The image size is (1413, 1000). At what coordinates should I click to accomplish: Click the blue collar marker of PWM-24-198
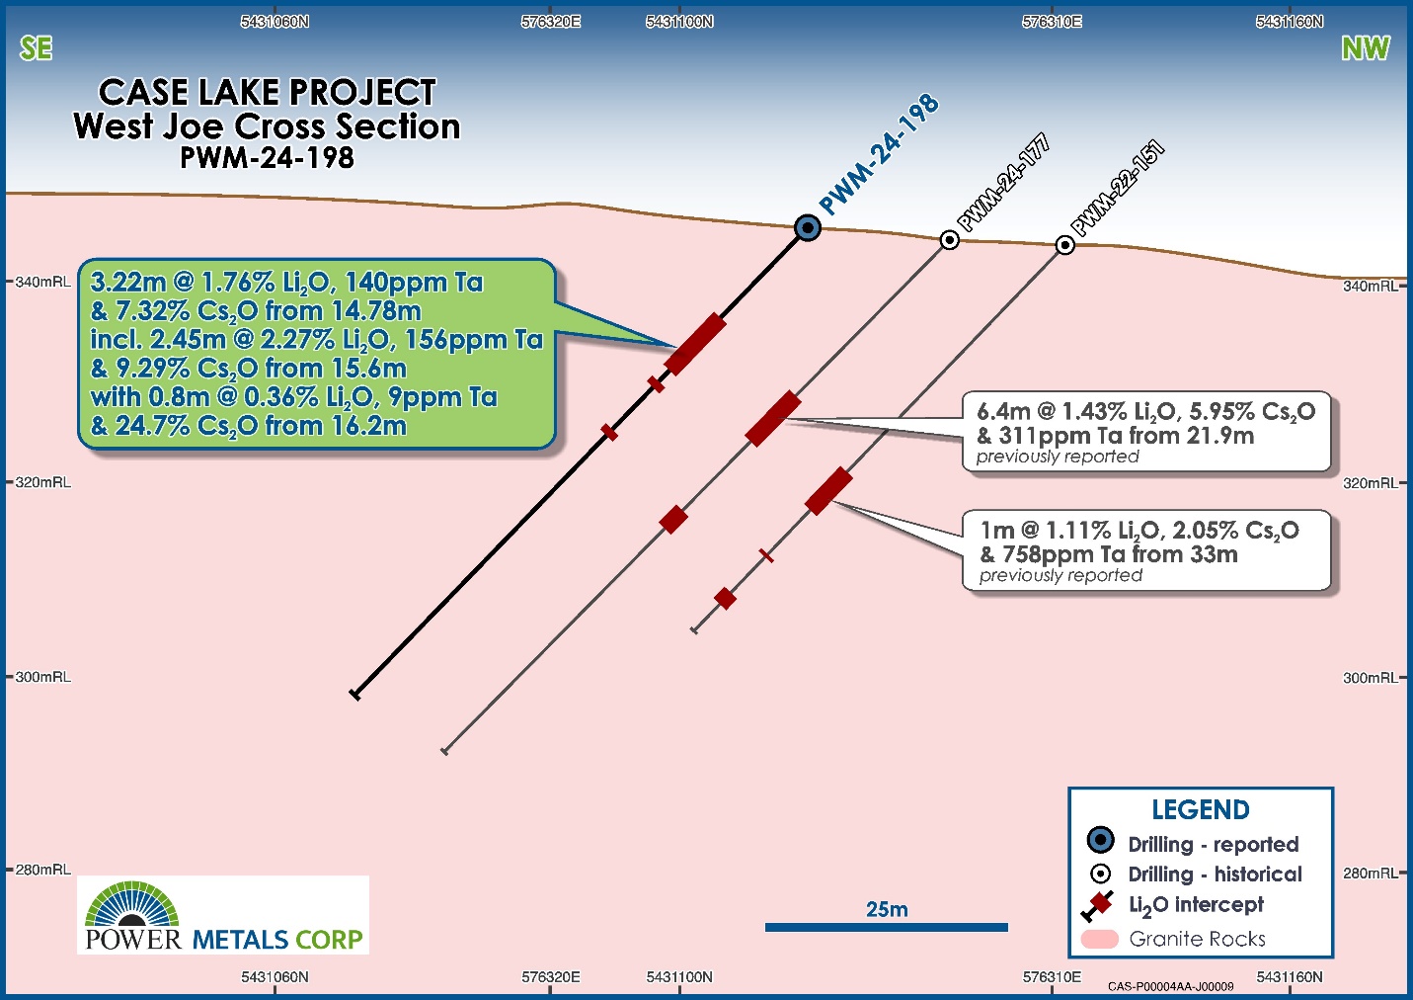pos(808,228)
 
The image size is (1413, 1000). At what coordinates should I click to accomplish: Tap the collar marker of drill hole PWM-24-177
pos(949,240)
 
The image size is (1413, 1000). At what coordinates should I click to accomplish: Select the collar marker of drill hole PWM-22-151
pos(1065,245)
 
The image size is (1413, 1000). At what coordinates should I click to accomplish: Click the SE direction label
pos(36,48)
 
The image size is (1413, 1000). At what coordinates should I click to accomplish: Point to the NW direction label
pos(1366,48)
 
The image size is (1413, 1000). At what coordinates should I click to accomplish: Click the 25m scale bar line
pos(887,928)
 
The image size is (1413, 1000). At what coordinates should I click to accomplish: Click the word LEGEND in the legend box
pos(1201,810)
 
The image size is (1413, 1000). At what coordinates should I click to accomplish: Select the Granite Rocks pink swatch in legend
pos(1099,939)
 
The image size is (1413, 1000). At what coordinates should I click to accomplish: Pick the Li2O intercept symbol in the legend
pos(1098,906)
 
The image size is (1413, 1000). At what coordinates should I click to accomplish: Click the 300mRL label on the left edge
pos(42,677)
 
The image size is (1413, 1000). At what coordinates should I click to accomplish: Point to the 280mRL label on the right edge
pos(1371,874)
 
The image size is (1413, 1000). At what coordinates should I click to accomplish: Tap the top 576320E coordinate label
pos(551,22)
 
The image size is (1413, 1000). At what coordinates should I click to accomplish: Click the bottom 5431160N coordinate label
pos(1290,977)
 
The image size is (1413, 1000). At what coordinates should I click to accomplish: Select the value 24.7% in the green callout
pos(151,426)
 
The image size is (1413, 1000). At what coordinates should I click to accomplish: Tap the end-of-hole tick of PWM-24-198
pos(355,695)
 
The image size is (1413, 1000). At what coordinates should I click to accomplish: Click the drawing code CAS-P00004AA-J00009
pos(1171,986)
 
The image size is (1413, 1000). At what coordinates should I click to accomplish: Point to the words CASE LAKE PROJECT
pos(267,92)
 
